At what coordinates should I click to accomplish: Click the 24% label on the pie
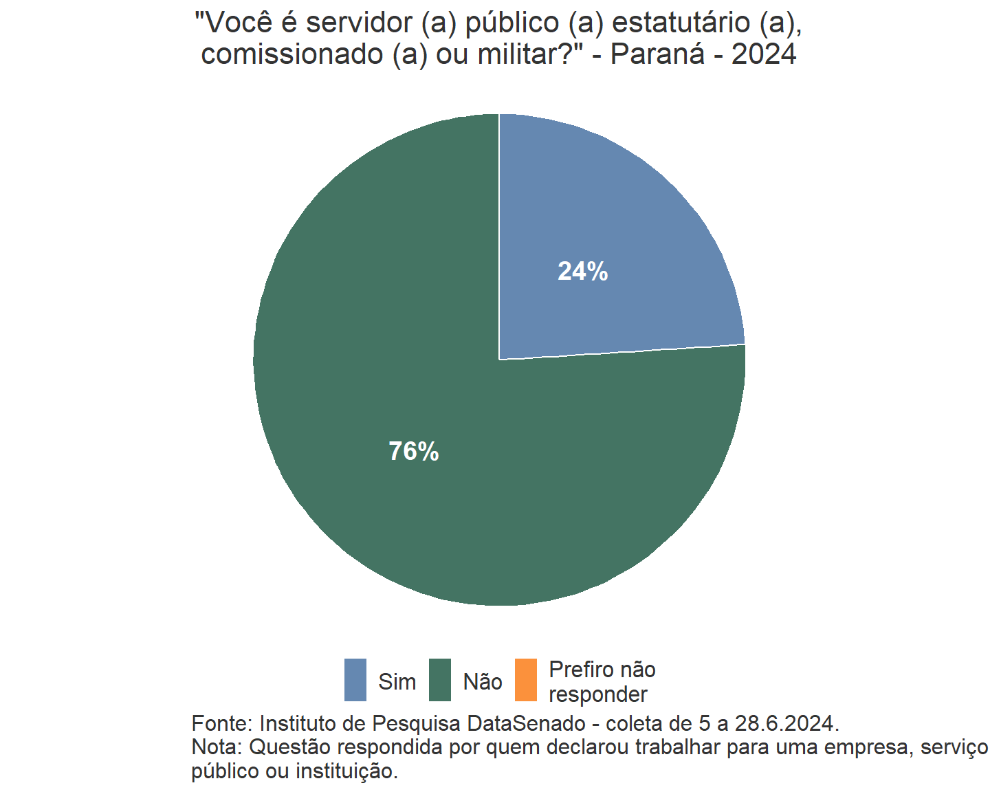pyautogui.click(x=582, y=272)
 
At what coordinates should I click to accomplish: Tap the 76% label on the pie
pyautogui.click(x=413, y=451)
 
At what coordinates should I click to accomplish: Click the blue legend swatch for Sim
pyautogui.click(x=355, y=680)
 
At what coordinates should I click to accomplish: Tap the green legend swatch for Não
pyautogui.click(x=440, y=680)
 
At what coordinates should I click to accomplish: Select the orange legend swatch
pyautogui.click(x=526, y=680)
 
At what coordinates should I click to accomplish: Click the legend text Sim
pyautogui.click(x=397, y=682)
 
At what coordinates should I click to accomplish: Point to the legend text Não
pyautogui.click(x=483, y=682)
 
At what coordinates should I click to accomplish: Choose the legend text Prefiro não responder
pyautogui.click(x=602, y=682)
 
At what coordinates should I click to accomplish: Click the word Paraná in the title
pyautogui.click(x=657, y=54)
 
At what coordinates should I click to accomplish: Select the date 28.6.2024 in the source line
pyautogui.click(x=786, y=723)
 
